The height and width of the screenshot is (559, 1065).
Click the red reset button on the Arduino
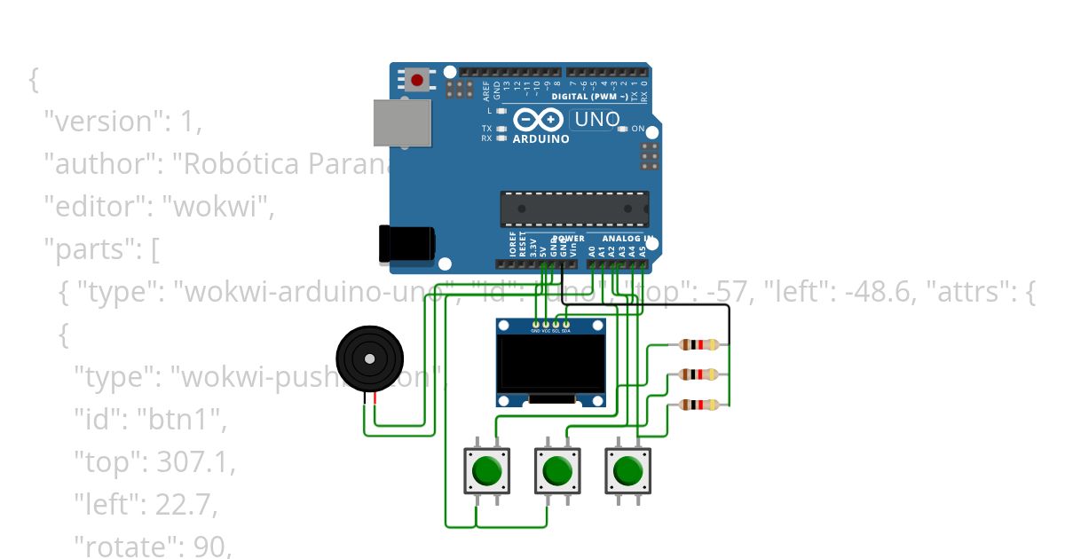pyautogui.click(x=417, y=81)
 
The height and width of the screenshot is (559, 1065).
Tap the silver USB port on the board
pyautogui.click(x=401, y=122)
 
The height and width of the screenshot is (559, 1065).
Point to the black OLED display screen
pyautogui.click(x=551, y=365)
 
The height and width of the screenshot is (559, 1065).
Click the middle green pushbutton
pyautogui.click(x=556, y=470)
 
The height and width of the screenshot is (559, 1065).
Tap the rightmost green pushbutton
pyautogui.click(x=627, y=470)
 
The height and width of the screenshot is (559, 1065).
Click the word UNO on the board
pyautogui.click(x=594, y=119)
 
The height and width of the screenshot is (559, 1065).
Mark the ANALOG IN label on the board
pyautogui.click(x=627, y=239)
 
